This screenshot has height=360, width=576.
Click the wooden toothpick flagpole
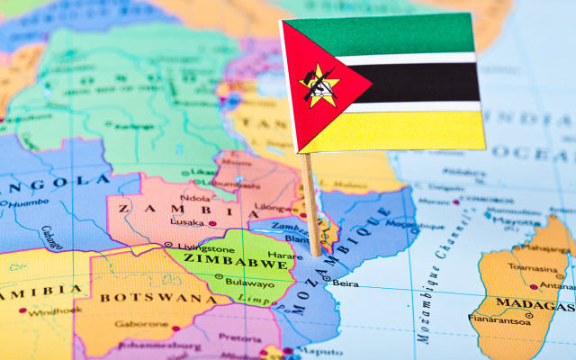coord(311,202)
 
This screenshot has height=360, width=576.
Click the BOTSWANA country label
coord(145,297)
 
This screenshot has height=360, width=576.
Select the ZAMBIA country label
coord(155,209)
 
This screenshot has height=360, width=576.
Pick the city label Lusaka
coord(187,221)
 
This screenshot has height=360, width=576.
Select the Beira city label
coord(346,283)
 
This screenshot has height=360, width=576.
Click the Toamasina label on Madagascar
coord(532,267)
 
